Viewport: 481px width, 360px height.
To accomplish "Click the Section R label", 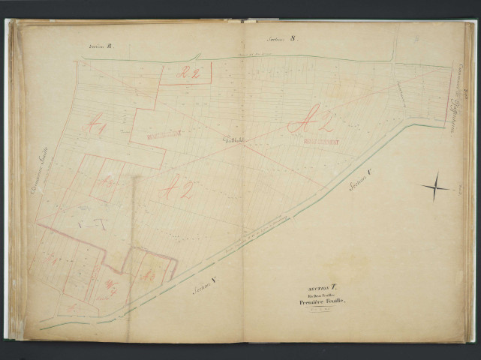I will click(x=100, y=46).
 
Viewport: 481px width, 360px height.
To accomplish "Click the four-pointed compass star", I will click(x=435, y=186).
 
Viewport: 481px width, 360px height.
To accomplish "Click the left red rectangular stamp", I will click(x=165, y=134).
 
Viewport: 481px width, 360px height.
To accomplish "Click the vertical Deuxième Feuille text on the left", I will click(x=35, y=172).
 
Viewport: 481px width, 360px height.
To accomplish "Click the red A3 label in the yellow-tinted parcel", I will click(x=149, y=274).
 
